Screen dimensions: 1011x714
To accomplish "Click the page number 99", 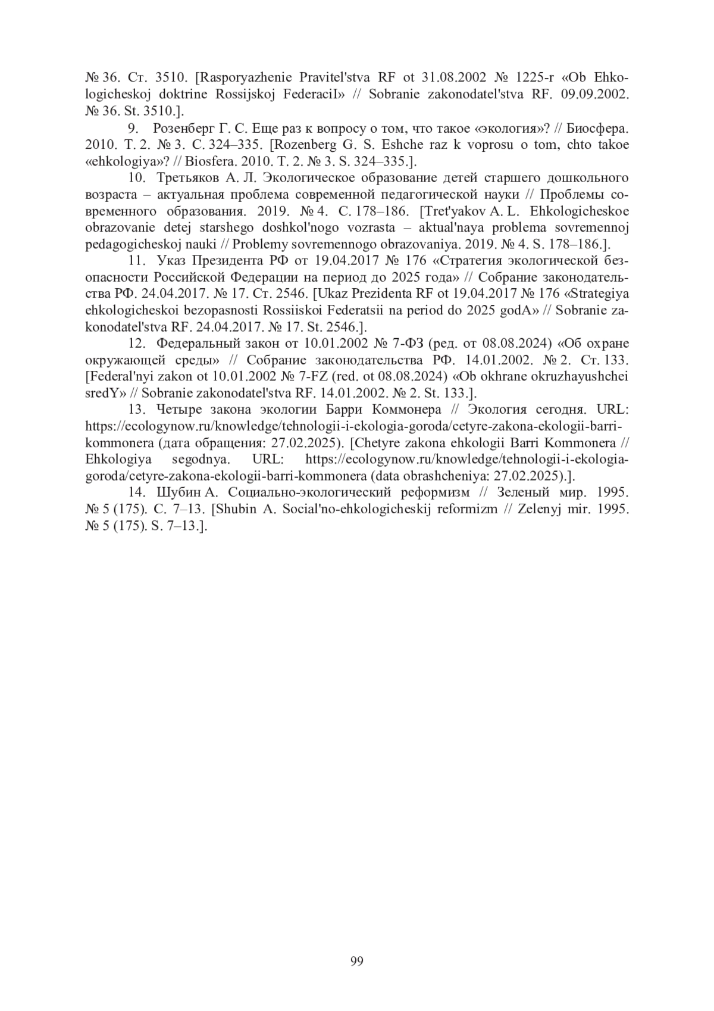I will (357, 962).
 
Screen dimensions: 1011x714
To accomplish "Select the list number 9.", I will (134, 128).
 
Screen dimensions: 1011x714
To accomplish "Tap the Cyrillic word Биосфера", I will (597, 128).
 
